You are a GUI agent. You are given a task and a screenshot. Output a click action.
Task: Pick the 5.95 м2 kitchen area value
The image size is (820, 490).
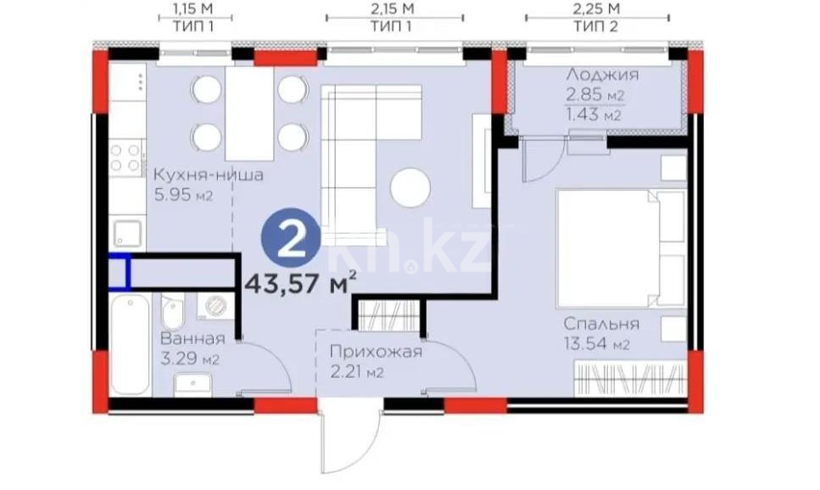pyautogui.click(x=182, y=196)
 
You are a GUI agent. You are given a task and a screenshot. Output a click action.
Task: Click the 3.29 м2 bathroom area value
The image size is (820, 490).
pyautogui.click(x=190, y=359)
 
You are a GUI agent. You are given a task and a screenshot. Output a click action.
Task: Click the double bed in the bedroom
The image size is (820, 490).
pyautogui.click(x=619, y=248)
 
